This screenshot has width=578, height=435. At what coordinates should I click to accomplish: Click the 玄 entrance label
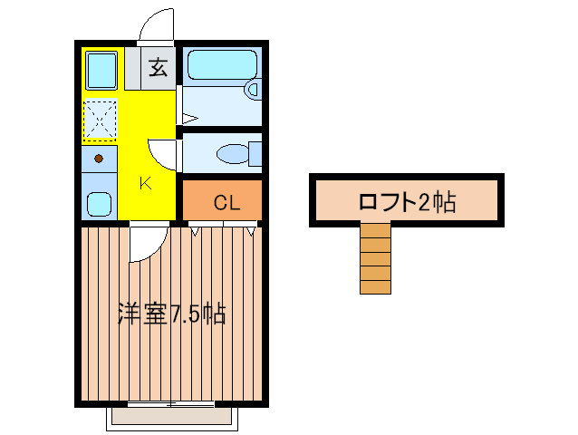pos(158,67)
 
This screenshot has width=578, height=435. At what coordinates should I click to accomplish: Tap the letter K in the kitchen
pos(145,183)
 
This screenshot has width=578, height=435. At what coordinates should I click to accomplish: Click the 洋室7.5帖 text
pos(171,314)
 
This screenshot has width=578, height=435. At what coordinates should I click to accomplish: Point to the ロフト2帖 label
pos(407,201)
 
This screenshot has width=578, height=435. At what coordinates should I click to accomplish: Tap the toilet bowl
pos(230,154)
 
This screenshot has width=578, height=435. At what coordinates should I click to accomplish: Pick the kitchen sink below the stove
pos(100,202)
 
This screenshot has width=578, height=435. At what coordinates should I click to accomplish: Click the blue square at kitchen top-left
pos(100,69)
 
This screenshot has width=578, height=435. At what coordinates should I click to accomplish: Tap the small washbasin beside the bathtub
pos(253,89)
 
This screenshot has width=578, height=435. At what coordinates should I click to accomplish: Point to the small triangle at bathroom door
pos(188,118)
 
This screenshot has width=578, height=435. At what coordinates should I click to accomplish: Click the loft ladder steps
pos(375,261)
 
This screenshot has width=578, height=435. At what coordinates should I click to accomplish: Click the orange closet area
pos(223,201)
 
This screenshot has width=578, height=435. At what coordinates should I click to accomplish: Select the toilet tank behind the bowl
pos(255,154)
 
